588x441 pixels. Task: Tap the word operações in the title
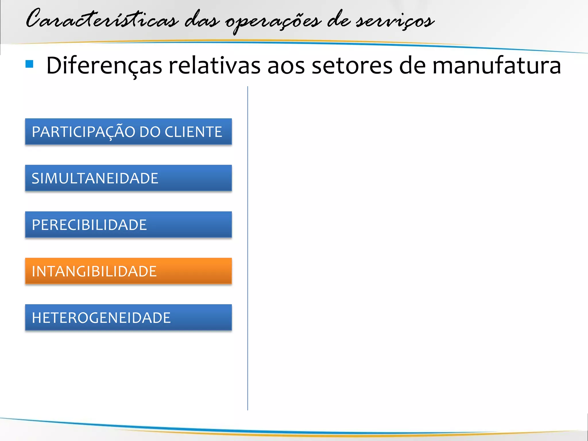point(273,22)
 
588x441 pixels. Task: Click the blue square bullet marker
point(29,64)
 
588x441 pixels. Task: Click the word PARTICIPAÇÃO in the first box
point(83,132)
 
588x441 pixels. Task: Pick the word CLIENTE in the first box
point(193,132)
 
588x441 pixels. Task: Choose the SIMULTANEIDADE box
point(128,178)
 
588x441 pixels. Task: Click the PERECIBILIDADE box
point(128,225)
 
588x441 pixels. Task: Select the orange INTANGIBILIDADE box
point(128,271)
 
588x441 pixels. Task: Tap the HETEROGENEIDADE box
point(128,318)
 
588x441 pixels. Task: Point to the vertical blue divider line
point(247,247)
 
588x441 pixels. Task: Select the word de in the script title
point(339,20)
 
